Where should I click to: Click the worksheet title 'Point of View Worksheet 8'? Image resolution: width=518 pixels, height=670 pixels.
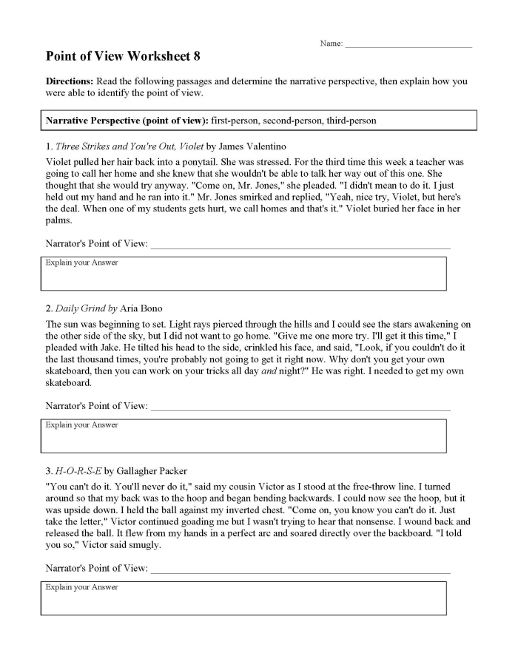(x=123, y=56)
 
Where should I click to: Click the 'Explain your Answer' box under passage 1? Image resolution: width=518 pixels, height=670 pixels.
(x=243, y=274)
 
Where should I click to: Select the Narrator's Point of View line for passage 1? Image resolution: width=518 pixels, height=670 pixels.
(x=300, y=246)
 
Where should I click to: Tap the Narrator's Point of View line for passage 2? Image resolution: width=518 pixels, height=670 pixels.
(x=300, y=408)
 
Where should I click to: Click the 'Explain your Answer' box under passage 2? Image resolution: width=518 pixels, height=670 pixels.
(x=243, y=436)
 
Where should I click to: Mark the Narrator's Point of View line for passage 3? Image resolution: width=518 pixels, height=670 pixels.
(x=300, y=571)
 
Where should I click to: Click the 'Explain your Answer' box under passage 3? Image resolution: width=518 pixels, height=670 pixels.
(x=243, y=599)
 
